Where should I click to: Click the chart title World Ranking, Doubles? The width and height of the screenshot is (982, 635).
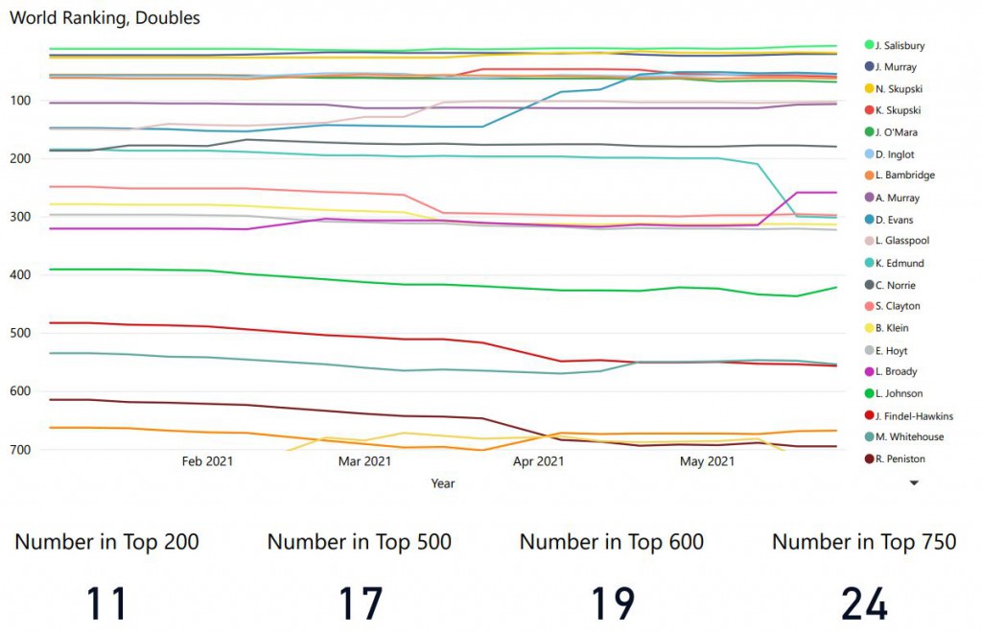click(105, 18)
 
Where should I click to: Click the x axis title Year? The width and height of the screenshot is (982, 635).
click(443, 483)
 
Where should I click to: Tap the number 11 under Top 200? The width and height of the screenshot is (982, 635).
click(106, 603)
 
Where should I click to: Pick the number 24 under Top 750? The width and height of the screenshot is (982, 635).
click(864, 603)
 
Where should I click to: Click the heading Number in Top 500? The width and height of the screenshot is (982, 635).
click(359, 542)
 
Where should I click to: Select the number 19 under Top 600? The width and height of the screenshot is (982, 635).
click(612, 603)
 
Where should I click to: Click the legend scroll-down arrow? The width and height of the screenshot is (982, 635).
click(914, 483)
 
